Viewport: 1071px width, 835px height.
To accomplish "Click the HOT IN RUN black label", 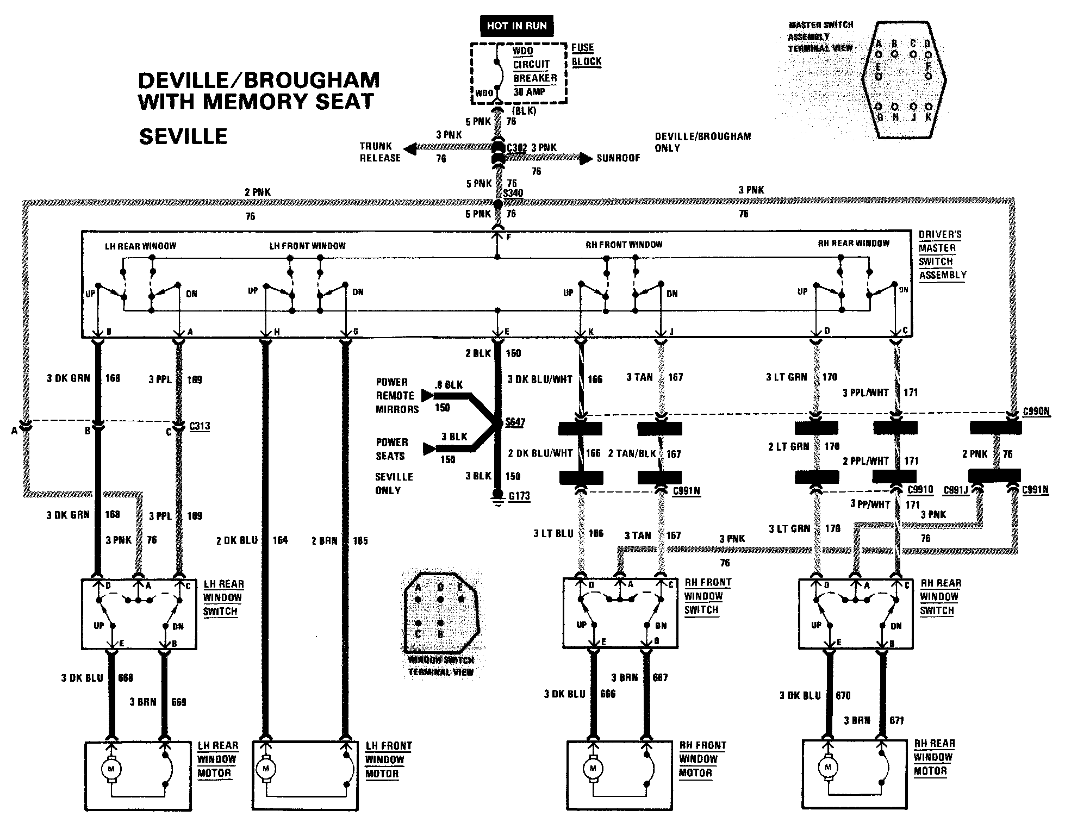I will pyautogui.click(x=516, y=26).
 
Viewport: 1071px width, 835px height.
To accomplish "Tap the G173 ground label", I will pyautogui.click(x=519, y=496).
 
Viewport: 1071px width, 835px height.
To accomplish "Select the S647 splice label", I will pyautogui.click(x=515, y=422).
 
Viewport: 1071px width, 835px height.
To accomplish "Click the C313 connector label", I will pyautogui.click(x=200, y=426).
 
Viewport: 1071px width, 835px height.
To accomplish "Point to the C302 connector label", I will pyautogui.click(x=516, y=147).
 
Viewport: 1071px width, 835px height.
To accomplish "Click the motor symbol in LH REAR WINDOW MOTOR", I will pyautogui.click(x=111, y=769).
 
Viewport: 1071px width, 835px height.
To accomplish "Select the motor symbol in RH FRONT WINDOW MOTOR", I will pyautogui.click(x=593, y=769).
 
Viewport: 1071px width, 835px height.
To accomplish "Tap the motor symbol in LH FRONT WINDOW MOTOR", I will pyautogui.click(x=266, y=769).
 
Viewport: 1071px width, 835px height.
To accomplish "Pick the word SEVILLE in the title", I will pyautogui.click(x=183, y=136).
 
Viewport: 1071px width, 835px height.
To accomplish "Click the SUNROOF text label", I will pyautogui.click(x=618, y=158).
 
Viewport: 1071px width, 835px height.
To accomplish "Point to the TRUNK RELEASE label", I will pyautogui.click(x=380, y=152).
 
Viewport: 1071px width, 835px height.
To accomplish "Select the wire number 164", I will pyautogui.click(x=280, y=540).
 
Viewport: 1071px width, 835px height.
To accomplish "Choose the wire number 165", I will pyautogui.click(x=360, y=541).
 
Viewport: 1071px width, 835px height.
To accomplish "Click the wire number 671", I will pyautogui.click(x=896, y=720).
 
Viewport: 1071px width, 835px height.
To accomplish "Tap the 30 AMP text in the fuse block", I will pyautogui.click(x=529, y=92).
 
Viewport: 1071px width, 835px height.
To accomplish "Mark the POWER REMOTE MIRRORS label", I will pyautogui.click(x=397, y=396).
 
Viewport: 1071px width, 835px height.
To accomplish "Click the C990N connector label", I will pyautogui.click(x=1036, y=412).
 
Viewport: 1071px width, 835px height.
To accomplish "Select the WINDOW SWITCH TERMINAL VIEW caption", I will pyautogui.click(x=441, y=666).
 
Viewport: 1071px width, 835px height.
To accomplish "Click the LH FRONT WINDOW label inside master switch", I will pyautogui.click(x=307, y=246).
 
